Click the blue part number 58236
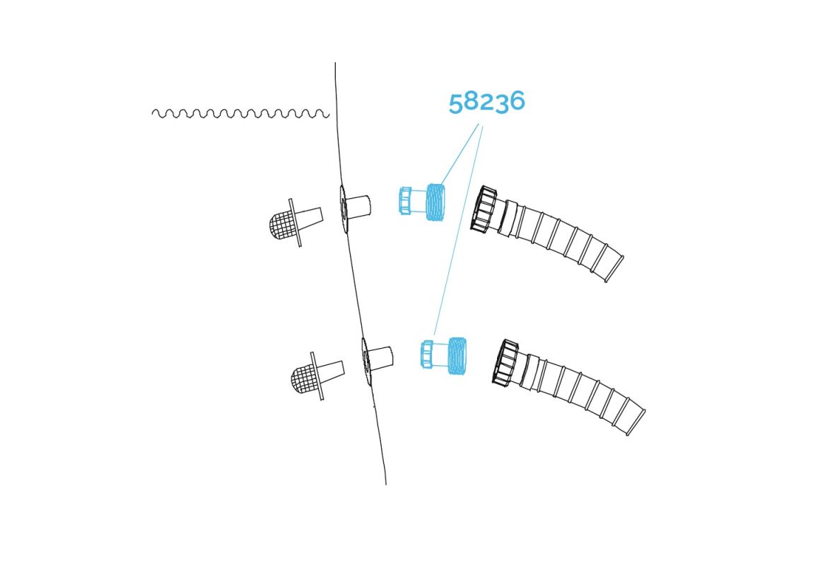(x=486, y=102)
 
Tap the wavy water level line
(x=240, y=113)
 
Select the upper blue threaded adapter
(x=422, y=202)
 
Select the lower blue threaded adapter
(x=444, y=355)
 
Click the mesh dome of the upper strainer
(x=281, y=226)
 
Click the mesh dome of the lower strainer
(x=303, y=379)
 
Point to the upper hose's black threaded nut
(x=483, y=209)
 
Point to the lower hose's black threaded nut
(x=505, y=363)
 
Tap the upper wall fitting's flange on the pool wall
(x=344, y=209)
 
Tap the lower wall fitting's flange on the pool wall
(x=366, y=361)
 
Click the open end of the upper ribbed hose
(x=614, y=270)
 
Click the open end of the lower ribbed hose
(x=636, y=423)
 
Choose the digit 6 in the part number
(x=517, y=100)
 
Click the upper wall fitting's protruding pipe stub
(x=359, y=207)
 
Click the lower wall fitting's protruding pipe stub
(x=380, y=359)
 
